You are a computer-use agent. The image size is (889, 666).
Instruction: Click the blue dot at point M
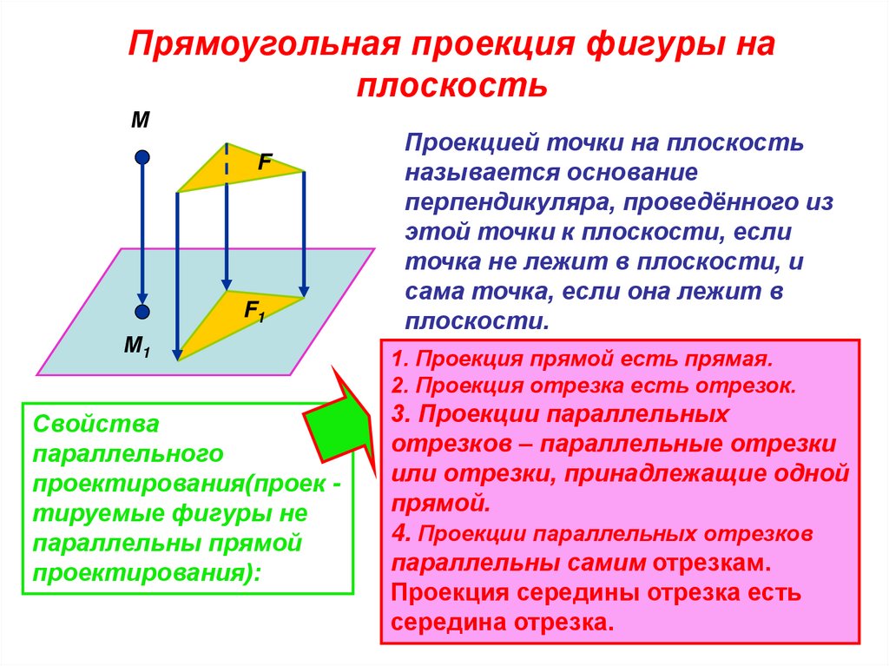(143, 158)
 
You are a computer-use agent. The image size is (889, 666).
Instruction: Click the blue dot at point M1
(143, 312)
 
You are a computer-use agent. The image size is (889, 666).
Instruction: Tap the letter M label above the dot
(140, 121)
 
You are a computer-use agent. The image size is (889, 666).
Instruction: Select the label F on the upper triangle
(265, 161)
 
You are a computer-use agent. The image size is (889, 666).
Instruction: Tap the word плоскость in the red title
(451, 86)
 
